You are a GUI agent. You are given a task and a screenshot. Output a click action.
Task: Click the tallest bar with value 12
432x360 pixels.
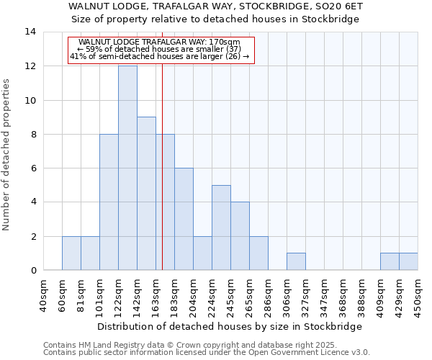[127, 168]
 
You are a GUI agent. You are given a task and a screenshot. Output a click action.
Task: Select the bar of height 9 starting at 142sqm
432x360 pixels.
[146, 194]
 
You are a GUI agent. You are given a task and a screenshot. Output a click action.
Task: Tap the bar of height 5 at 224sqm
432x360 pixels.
[221, 228]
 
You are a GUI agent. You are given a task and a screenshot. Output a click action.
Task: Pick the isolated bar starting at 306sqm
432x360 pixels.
[296, 262]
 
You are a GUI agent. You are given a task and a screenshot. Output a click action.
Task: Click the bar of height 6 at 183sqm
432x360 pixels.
[184, 219]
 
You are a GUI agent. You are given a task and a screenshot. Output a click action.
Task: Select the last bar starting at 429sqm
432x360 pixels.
[408, 262]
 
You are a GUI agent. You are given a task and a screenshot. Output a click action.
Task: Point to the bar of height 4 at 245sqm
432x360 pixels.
[240, 236]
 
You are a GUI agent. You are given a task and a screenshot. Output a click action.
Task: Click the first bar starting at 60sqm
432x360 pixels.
[71, 253]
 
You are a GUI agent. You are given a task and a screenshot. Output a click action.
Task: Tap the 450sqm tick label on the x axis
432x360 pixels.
[418, 296]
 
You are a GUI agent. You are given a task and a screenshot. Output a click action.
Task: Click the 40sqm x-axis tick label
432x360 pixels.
[44, 296]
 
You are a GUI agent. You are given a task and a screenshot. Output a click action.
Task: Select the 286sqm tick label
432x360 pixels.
[269, 296]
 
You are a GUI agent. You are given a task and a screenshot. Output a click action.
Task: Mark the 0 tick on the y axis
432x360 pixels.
[33, 271]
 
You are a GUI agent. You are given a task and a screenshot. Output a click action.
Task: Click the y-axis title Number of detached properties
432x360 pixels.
[7, 151]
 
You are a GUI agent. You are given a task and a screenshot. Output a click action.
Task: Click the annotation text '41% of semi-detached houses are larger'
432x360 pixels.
[160, 56]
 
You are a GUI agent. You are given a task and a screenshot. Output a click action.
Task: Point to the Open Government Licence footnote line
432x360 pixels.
[207, 353]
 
